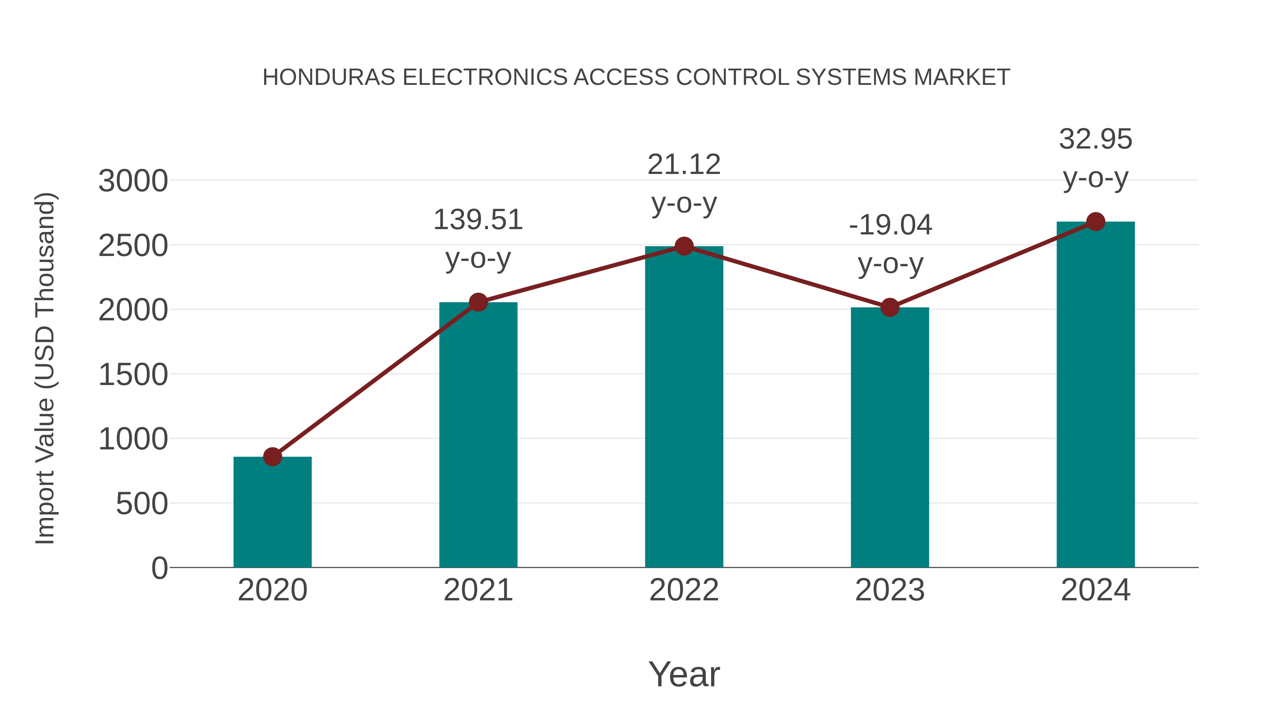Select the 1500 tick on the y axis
(x=133, y=375)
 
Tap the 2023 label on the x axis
(x=890, y=590)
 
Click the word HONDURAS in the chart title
(x=329, y=77)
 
